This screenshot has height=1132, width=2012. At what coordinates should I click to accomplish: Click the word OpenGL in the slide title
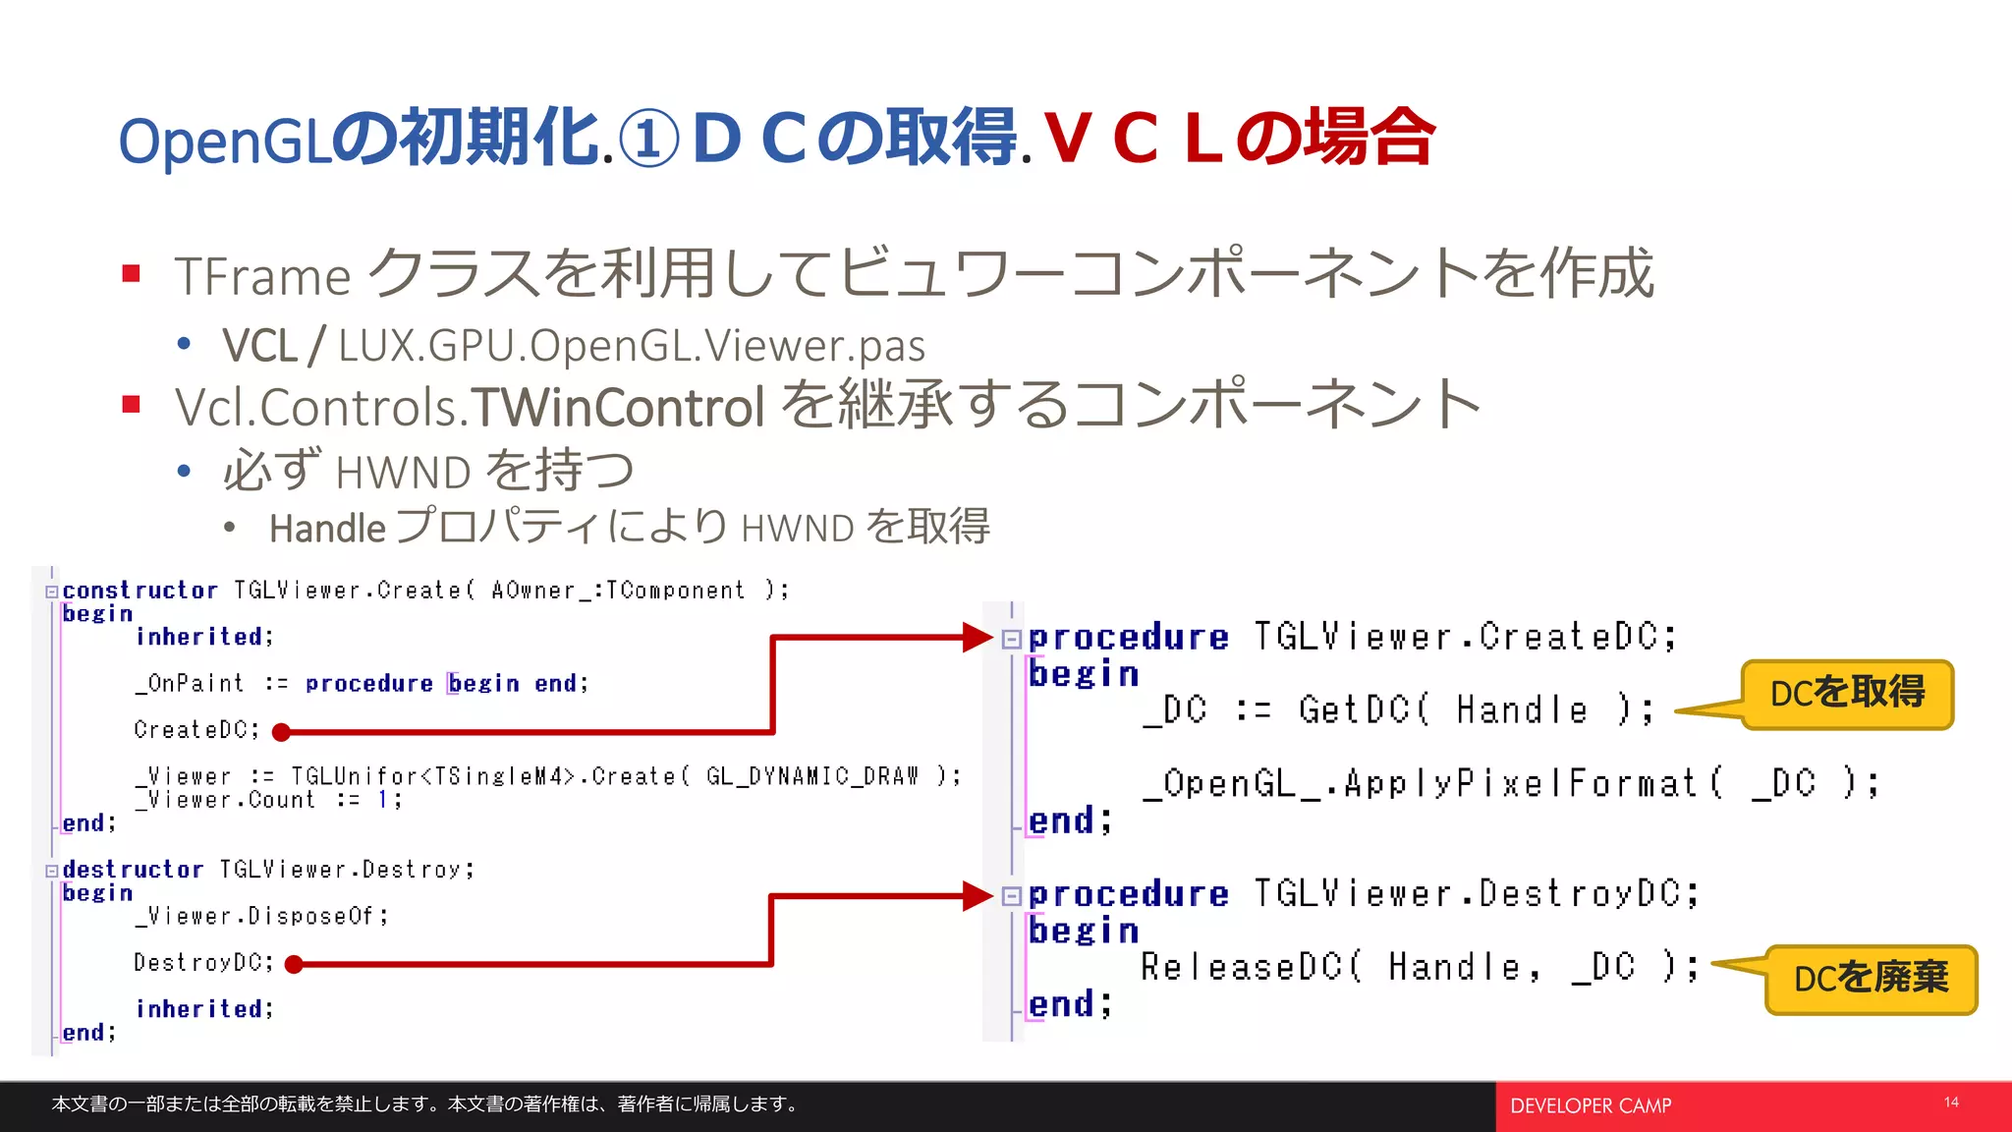pos(224,141)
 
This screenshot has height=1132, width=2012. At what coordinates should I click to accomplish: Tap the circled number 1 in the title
pos(649,140)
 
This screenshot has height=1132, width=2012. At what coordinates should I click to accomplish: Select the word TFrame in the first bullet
pos(262,276)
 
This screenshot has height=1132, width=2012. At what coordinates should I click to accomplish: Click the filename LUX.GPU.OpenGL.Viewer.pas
pos(631,346)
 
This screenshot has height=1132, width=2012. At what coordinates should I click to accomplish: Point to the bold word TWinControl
pos(617,407)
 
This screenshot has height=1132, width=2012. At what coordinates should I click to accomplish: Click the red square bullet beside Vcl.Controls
pos(132,404)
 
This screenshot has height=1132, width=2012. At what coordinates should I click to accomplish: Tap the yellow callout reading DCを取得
pos(1847,694)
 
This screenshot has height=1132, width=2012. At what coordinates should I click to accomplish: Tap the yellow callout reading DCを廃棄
pos(1871,979)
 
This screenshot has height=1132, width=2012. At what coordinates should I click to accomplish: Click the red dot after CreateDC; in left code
pos(281,732)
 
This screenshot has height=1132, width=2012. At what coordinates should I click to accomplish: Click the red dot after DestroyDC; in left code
pos(293,965)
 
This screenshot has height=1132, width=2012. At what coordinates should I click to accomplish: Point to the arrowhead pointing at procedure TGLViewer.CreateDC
pos(978,637)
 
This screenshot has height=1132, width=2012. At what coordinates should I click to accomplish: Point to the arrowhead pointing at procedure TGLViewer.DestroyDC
pos(978,895)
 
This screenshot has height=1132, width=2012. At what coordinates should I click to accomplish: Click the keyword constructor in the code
pos(140,591)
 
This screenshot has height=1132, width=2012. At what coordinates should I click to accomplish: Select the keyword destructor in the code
pos(133,870)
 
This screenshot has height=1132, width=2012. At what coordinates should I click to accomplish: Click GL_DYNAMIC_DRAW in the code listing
pos(811,776)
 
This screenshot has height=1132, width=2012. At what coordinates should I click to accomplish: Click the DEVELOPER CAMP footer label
pos(1590,1106)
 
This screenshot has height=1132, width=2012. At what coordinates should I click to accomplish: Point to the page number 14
pos(1951,1103)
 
